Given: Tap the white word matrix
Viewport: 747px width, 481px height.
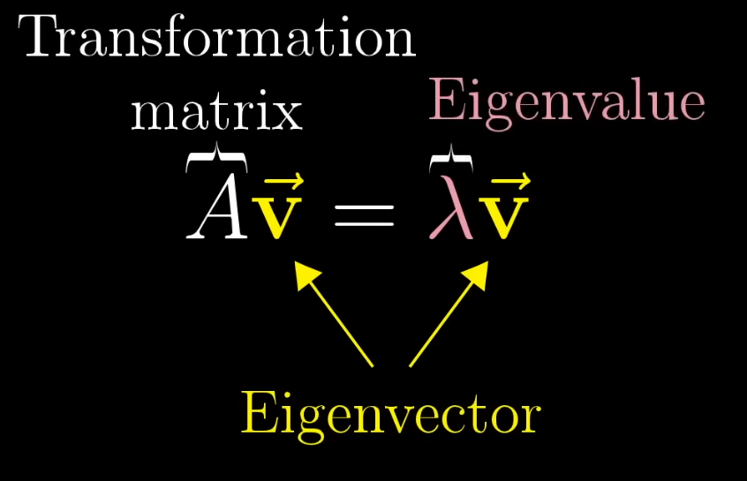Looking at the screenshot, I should pyautogui.click(x=216, y=113).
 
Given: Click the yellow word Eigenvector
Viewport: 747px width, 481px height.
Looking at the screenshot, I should pyautogui.click(x=389, y=413).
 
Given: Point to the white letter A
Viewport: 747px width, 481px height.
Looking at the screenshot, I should pyautogui.click(x=217, y=214).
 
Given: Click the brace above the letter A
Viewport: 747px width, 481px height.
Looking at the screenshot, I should pyautogui.click(x=217, y=160).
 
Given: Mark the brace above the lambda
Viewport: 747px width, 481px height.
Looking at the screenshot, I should pyautogui.click(x=450, y=160).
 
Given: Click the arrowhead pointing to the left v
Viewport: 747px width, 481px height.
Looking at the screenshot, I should pyautogui.click(x=305, y=273).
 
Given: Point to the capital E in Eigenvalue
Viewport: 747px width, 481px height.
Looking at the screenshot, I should pyautogui.click(x=445, y=101).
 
